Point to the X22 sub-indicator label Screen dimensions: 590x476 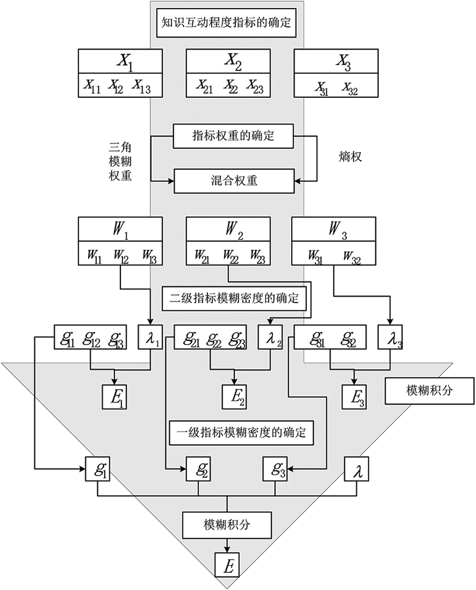coord(230,86)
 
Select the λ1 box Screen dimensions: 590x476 coord(152,338)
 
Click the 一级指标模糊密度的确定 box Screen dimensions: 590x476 coord(242,432)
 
